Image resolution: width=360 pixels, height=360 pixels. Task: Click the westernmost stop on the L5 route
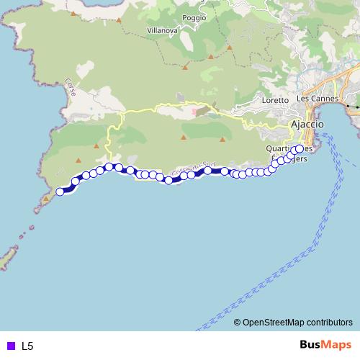pyautogui.click(x=60, y=192)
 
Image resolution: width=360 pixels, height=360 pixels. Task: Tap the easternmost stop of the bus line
pyautogui.click(x=300, y=149)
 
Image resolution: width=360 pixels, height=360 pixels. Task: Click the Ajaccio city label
pyautogui.click(x=307, y=125)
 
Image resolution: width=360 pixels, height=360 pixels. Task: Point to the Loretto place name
pyautogui.click(x=276, y=100)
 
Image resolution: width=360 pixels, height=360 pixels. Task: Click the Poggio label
pyautogui.click(x=194, y=17)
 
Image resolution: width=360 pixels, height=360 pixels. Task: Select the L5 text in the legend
pyautogui.click(x=27, y=346)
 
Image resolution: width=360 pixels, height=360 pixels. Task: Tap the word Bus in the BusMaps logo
pyautogui.click(x=310, y=345)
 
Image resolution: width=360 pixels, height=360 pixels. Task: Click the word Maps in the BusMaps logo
pyautogui.click(x=337, y=345)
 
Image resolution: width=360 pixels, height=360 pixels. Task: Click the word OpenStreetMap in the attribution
pyautogui.click(x=274, y=323)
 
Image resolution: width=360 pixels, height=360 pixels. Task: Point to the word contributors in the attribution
pyautogui.click(x=330, y=323)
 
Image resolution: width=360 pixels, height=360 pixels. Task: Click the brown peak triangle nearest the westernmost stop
pyautogui.click(x=47, y=197)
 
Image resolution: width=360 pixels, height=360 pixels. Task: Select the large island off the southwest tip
pyautogui.click(x=9, y=257)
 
